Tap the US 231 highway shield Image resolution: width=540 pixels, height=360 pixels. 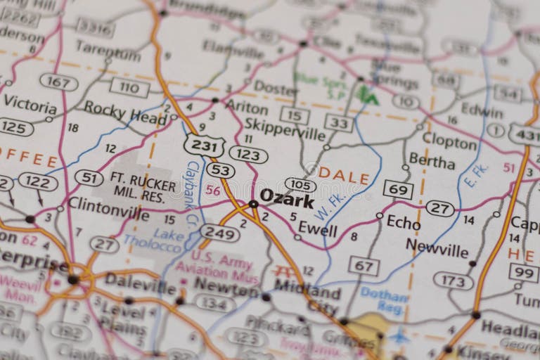(204, 146)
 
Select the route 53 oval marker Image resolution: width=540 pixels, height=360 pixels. (220, 170)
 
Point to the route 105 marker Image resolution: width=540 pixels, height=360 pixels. (300, 184)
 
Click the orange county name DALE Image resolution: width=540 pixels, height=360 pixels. (344, 176)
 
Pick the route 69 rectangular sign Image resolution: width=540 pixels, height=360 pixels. (398, 189)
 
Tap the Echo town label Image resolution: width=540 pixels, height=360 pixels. (404, 223)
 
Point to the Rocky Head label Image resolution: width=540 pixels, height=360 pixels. (125, 112)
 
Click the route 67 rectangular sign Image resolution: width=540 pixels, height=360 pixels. (364, 266)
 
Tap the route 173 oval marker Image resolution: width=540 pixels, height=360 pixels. (454, 281)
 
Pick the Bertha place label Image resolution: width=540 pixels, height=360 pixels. (432, 161)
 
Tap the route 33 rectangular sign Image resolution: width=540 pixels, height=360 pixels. (338, 122)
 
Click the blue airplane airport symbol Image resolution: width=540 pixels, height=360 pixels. (399, 335)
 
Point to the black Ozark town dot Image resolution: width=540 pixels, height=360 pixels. (252, 205)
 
